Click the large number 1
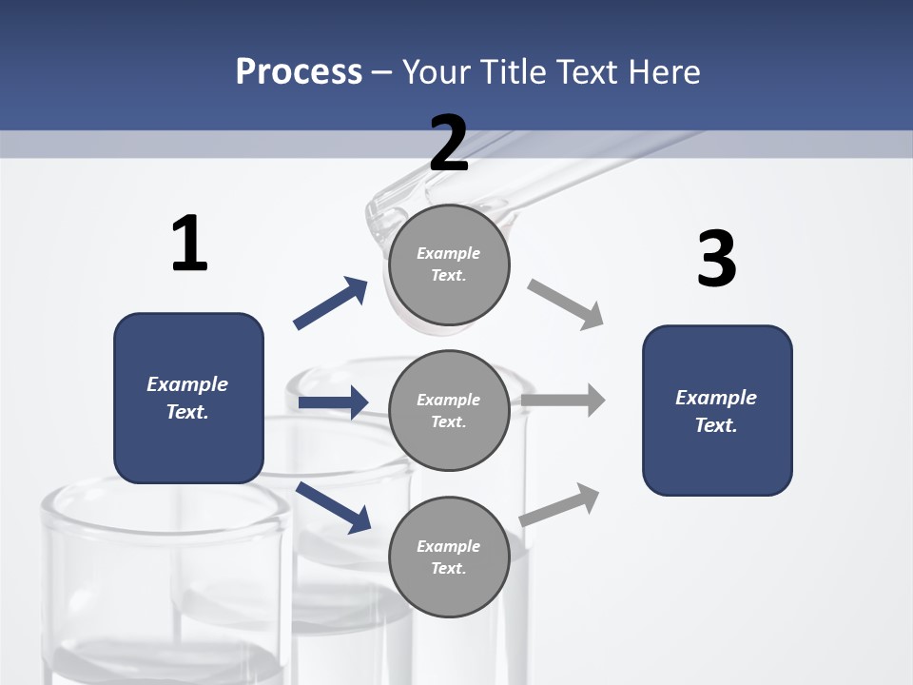point(189,245)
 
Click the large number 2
point(449,144)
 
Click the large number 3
point(716,260)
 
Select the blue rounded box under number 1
point(188,398)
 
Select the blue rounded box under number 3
point(717,410)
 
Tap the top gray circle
point(449,264)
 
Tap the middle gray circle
point(449,410)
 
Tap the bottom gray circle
point(449,557)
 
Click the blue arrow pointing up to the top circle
point(330,303)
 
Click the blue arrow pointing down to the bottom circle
point(333,507)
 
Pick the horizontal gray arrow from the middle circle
point(563,401)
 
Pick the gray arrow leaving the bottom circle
point(560,504)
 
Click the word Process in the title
point(299,71)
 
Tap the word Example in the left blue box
point(187,384)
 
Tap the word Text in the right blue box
point(715,425)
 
